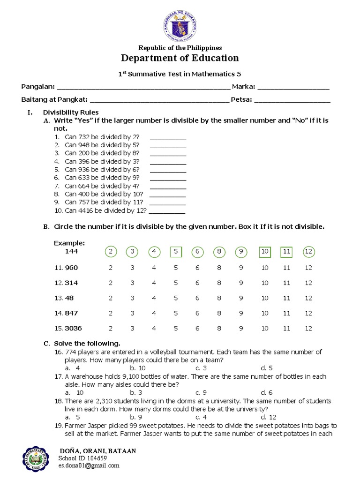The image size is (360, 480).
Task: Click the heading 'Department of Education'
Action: pos(180,58)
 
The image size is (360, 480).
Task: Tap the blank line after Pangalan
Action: pos(143,87)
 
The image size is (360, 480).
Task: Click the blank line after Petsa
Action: pos(292,100)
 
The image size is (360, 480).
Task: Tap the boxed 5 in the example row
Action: pos(176,252)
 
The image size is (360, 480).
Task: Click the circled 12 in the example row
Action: pos(308,252)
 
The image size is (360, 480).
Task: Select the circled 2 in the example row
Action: pos(111,252)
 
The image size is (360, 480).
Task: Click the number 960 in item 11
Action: pos(71,268)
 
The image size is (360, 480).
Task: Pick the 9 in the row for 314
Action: pos(241,283)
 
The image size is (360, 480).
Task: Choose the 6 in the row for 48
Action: pos(197,298)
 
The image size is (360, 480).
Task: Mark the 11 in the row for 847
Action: pos(287,313)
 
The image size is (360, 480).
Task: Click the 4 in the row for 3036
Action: pos(154,329)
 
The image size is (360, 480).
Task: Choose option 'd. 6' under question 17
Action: pos(267,393)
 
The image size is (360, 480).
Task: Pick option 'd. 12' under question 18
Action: pos(269,417)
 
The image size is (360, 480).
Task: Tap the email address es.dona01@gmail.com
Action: pos(89,466)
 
